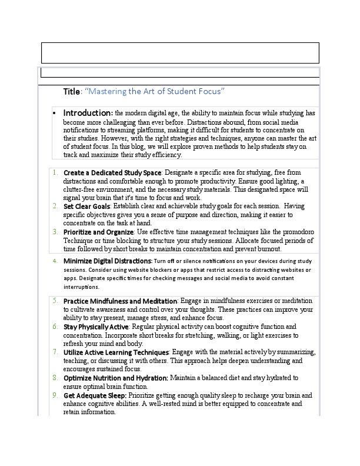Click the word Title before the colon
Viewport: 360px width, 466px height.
pos(71,91)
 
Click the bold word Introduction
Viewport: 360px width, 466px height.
pos(88,113)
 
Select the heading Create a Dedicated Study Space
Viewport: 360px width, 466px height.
pos(112,172)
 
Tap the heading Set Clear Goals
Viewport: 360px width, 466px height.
pos(86,207)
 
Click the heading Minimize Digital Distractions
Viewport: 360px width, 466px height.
pos(107,261)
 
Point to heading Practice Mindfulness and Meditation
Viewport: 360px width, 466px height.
pos(120,301)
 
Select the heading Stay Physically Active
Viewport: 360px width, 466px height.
pos(96,327)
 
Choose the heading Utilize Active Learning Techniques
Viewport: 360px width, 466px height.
pos(116,352)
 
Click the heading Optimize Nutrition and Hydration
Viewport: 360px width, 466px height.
pos(116,378)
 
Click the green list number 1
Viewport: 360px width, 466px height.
pos(55,173)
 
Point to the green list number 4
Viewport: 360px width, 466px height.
pos(55,261)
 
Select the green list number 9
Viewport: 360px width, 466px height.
pos(55,395)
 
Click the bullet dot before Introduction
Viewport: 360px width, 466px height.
pos(54,113)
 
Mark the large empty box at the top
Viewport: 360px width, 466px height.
pos(180,52)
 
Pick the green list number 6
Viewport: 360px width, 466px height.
pos(55,327)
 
